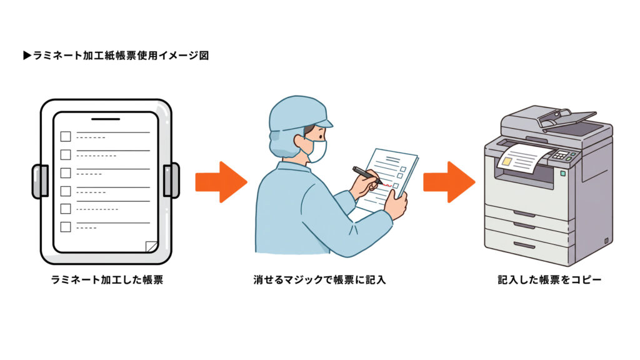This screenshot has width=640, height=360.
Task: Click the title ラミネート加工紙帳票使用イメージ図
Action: pos(116,56)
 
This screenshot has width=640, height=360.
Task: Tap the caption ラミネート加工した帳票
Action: pos(107,280)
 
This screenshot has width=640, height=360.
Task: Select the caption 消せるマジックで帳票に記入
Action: pos(319,280)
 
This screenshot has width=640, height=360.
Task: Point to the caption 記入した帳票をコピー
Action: pos(549,280)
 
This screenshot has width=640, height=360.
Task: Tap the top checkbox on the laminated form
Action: pos(66,136)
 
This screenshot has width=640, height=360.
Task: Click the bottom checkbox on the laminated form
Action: pos(66,227)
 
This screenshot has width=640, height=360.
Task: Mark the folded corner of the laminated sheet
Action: pos(151,246)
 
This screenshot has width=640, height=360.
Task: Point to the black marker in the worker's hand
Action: pos(366,174)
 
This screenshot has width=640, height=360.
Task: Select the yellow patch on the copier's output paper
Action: pos(508,161)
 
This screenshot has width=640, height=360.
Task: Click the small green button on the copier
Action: pos(562,173)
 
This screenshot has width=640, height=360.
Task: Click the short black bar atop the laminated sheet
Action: pos(106,118)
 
